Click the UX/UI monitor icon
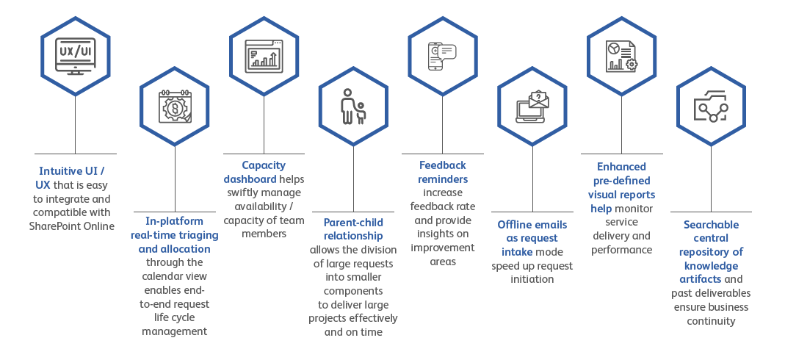click(75, 56)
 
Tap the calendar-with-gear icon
click(175, 106)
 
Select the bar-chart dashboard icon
click(264, 55)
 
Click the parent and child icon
click(353, 106)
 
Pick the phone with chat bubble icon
click(442, 56)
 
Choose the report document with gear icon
click(621, 56)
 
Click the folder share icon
click(711, 106)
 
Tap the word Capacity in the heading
click(264, 165)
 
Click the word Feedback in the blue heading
click(443, 165)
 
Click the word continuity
click(711, 321)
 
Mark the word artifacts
click(701, 279)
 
